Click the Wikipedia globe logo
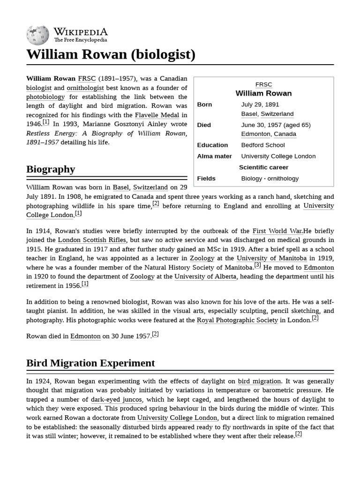click(37, 34)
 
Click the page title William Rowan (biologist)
click(111, 54)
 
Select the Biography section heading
click(51, 169)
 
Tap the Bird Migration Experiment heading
click(90, 363)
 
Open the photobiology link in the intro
click(45, 97)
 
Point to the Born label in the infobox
click(204, 105)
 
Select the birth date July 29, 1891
click(260, 105)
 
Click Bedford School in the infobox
click(262, 145)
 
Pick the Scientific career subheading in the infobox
click(263, 167)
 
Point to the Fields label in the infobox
click(206, 179)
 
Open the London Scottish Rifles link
click(91, 240)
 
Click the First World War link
click(277, 231)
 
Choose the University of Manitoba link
click(271, 258)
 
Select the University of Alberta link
click(205, 277)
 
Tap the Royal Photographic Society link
click(237, 320)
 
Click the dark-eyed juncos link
click(116, 399)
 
